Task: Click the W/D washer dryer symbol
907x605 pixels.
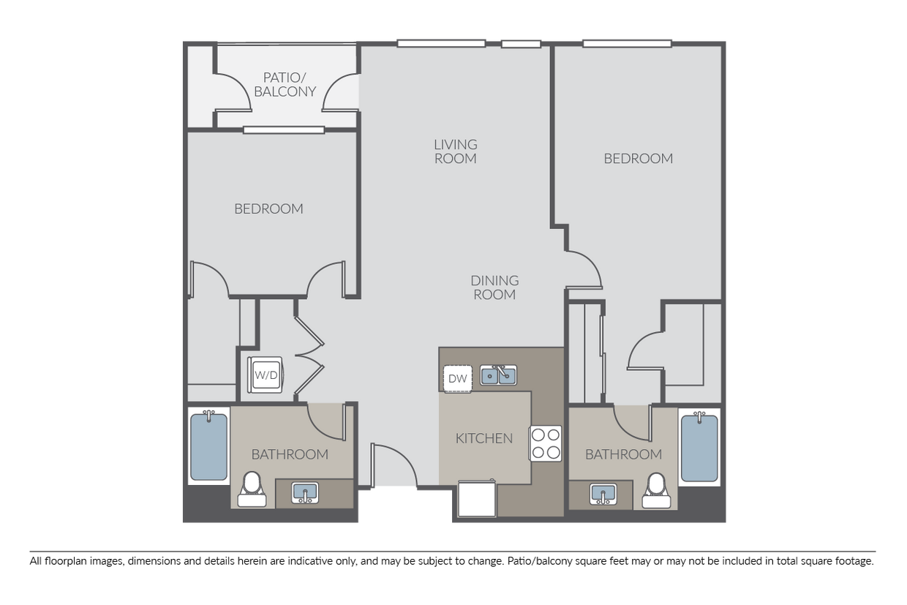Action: (266, 375)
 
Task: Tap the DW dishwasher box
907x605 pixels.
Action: (457, 378)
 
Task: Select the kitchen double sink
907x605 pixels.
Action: (498, 375)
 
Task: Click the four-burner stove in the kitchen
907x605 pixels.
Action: (546, 443)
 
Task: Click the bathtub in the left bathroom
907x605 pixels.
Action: (209, 446)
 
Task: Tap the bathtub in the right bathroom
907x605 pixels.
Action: (699, 446)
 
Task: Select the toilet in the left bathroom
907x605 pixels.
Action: (252, 489)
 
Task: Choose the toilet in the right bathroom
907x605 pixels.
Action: (656, 489)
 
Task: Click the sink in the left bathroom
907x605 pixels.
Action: (304, 492)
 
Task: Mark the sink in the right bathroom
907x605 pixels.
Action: (603, 494)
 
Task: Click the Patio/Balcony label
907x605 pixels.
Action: (285, 84)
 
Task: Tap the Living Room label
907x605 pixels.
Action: (455, 151)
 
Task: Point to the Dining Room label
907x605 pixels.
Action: (494, 288)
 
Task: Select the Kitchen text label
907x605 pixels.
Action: (483, 439)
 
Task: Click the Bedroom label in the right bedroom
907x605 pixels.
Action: (638, 159)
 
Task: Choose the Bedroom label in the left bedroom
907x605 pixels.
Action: (268, 209)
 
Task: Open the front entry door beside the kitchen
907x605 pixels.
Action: (391, 468)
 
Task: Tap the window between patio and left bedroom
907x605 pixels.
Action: (284, 130)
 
